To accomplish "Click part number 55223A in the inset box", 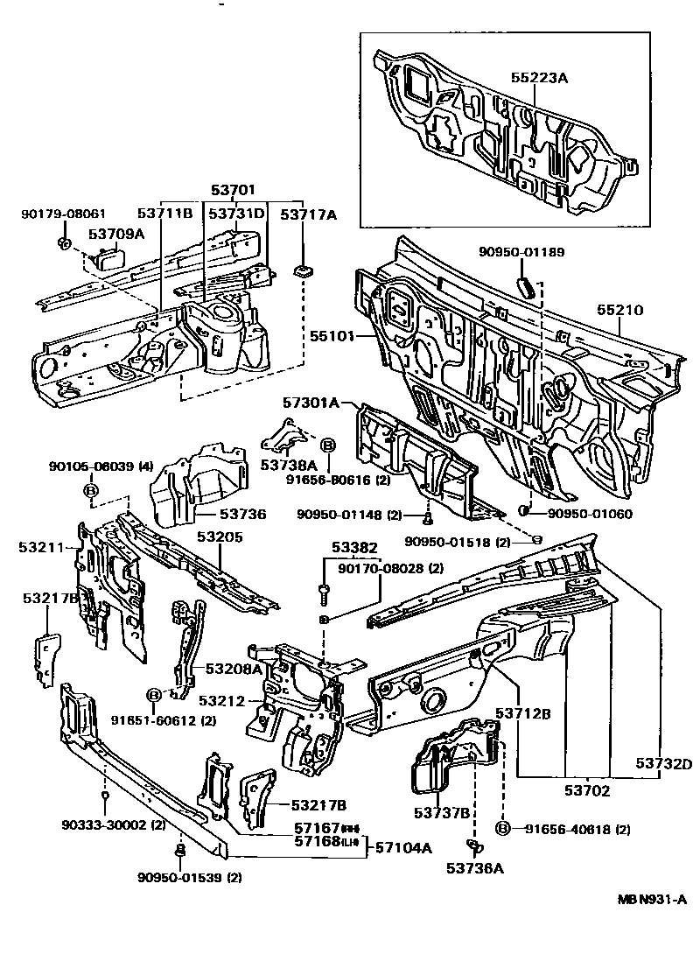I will (539, 78).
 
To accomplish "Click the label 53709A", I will (116, 234).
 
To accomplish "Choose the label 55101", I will (329, 334).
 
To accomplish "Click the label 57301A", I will (311, 403).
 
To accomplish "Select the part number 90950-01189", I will (521, 252).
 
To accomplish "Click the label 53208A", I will (234, 669).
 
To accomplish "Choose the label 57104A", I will (404, 846).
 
